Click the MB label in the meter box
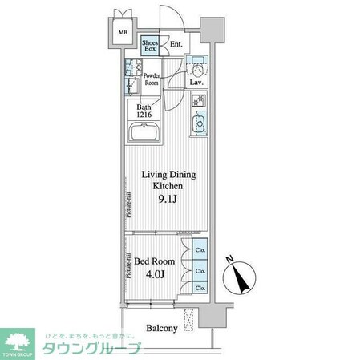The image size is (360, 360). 123,34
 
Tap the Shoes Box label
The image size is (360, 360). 150,47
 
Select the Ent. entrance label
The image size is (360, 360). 176,45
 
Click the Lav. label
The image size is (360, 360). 196,82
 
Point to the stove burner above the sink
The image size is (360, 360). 197,102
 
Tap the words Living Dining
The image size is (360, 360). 168,174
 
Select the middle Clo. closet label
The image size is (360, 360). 200,270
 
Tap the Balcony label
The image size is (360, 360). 163,328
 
